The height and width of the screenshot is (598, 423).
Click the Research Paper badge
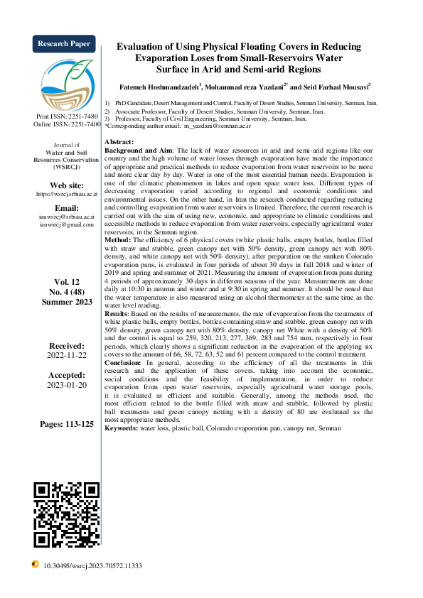click(x=63, y=44)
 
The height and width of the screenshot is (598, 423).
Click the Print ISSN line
click(x=63, y=116)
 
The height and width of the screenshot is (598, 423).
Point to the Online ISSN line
click(x=63, y=124)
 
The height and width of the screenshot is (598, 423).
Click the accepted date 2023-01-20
click(x=67, y=385)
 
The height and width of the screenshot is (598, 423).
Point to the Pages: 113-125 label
click(x=67, y=424)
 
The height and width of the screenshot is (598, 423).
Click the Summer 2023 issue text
click(x=67, y=302)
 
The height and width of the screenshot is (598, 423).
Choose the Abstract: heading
click(x=119, y=143)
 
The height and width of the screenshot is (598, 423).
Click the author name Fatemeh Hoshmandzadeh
click(x=159, y=87)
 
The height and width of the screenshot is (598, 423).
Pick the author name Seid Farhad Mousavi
click(x=337, y=87)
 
